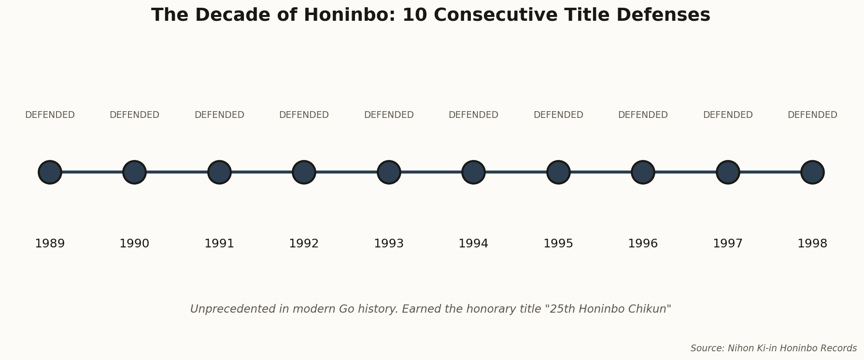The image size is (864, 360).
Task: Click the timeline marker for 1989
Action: pyautogui.click(x=50, y=172)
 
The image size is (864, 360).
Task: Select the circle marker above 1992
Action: pyautogui.click(x=304, y=172)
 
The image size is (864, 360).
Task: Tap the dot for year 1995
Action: pyautogui.click(x=558, y=172)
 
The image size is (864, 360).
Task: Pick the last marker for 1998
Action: pyautogui.click(x=812, y=172)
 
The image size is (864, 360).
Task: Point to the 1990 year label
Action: pyautogui.click(x=134, y=244)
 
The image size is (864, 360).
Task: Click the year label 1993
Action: pyautogui.click(x=389, y=244)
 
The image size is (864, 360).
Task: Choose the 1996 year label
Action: pyautogui.click(x=643, y=244)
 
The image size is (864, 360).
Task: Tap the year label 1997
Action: pyautogui.click(x=728, y=244)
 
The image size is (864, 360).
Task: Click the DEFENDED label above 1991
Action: pyautogui.click(x=219, y=115)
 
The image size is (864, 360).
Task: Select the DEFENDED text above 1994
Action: pyautogui.click(x=473, y=115)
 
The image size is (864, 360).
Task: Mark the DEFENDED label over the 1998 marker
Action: pyautogui.click(x=812, y=115)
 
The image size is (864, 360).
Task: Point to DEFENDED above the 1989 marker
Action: pyautogui.click(x=50, y=115)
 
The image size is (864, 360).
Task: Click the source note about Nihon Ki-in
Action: pyautogui.click(x=773, y=348)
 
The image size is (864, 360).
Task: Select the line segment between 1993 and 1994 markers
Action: pyautogui.click(x=431, y=172)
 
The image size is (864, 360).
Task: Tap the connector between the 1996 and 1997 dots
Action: pyautogui.click(x=685, y=172)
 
